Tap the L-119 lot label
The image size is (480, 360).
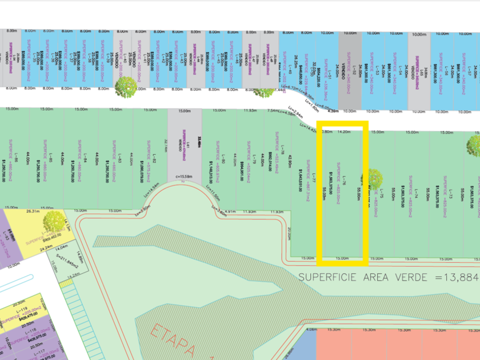click(23, 309)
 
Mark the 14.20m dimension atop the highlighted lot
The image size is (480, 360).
click(344, 132)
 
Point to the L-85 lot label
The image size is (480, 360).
click(50, 161)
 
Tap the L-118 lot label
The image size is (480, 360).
click(22, 330)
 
